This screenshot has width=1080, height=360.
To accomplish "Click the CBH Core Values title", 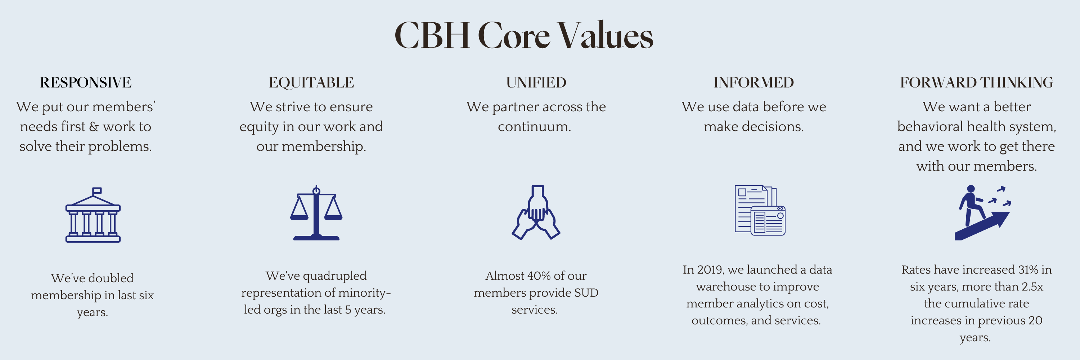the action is click(x=524, y=36).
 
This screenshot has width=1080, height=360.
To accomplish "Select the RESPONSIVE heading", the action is click(x=86, y=82).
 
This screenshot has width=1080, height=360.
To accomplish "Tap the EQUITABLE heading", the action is click(x=311, y=82).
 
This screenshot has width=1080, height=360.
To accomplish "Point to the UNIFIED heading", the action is click(x=536, y=82).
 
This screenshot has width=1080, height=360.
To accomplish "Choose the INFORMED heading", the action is click(x=754, y=82).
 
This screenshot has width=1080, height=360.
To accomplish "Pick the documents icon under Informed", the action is click(x=760, y=210).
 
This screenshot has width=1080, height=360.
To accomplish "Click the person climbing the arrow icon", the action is click(x=983, y=213).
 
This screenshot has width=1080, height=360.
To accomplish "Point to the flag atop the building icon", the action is click(x=97, y=191).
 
